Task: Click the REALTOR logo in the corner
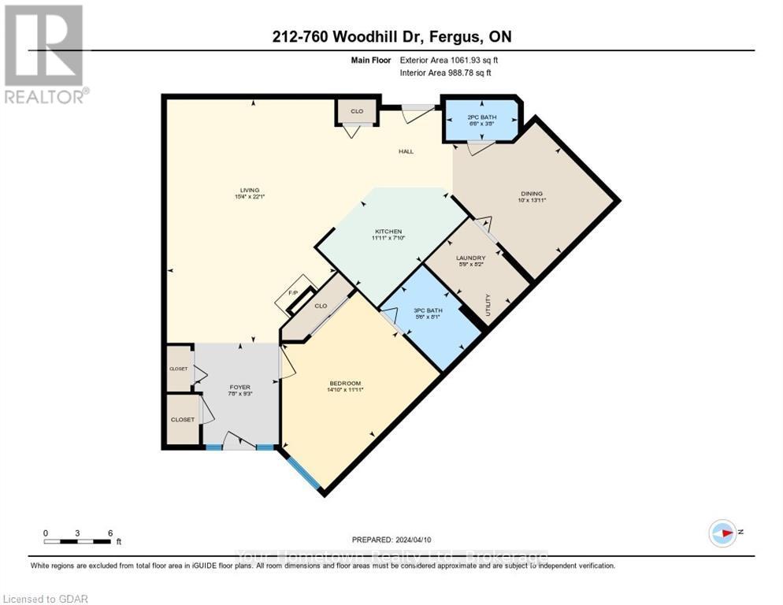[x=45, y=54]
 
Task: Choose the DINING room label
[x=532, y=196]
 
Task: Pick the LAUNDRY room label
[x=470, y=261]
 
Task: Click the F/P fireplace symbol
[x=291, y=293]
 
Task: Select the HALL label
[x=406, y=151]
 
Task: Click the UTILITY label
[x=488, y=304]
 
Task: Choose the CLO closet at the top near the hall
[x=357, y=111]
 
